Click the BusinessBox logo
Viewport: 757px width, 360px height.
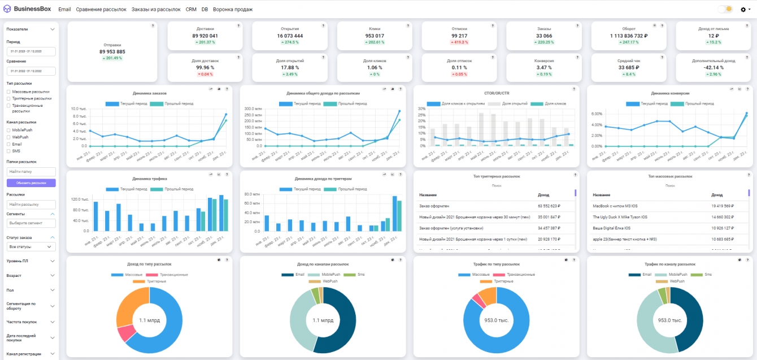click(27, 9)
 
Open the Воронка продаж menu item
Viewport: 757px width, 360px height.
click(233, 10)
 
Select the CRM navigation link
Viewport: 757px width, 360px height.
click(191, 10)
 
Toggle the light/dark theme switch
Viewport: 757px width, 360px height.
click(725, 9)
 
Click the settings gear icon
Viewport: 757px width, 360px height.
click(743, 10)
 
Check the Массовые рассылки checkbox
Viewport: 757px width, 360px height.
click(8, 92)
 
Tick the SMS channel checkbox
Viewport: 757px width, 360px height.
click(8, 151)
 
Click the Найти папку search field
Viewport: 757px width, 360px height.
click(31, 171)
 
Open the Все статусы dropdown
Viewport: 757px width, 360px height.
click(31, 247)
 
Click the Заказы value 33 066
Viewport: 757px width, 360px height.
click(544, 36)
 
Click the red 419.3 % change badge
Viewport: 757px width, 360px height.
click(459, 42)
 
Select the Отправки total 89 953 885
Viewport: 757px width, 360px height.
click(112, 51)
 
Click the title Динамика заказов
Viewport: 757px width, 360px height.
click(150, 93)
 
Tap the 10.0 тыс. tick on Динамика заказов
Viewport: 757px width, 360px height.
click(79, 109)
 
